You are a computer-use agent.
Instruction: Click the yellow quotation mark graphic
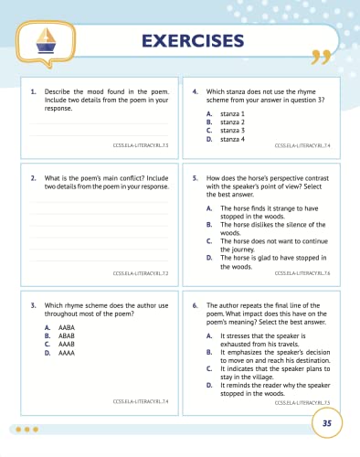pyautogui.click(x=319, y=58)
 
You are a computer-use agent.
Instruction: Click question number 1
pyautogui.click(x=33, y=92)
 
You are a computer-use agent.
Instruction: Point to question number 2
pyautogui.click(x=33, y=178)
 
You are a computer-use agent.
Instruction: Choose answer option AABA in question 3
pyautogui.click(x=65, y=326)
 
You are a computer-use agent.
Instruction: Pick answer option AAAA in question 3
pyautogui.click(x=65, y=351)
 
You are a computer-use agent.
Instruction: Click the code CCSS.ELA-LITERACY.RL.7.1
pyautogui.click(x=142, y=145)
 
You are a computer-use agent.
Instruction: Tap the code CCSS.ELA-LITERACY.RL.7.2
pyautogui.click(x=141, y=272)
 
